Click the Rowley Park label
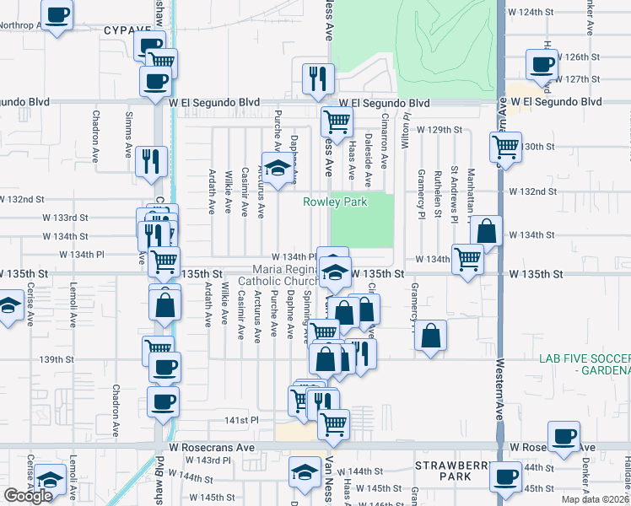(x=336, y=202)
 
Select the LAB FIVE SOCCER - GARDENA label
(x=585, y=365)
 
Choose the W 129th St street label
(x=442, y=129)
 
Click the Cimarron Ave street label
(x=384, y=144)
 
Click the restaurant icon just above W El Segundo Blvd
(x=319, y=79)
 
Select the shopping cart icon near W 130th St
(x=505, y=146)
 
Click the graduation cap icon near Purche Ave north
(x=276, y=166)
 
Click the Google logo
(x=29, y=495)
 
